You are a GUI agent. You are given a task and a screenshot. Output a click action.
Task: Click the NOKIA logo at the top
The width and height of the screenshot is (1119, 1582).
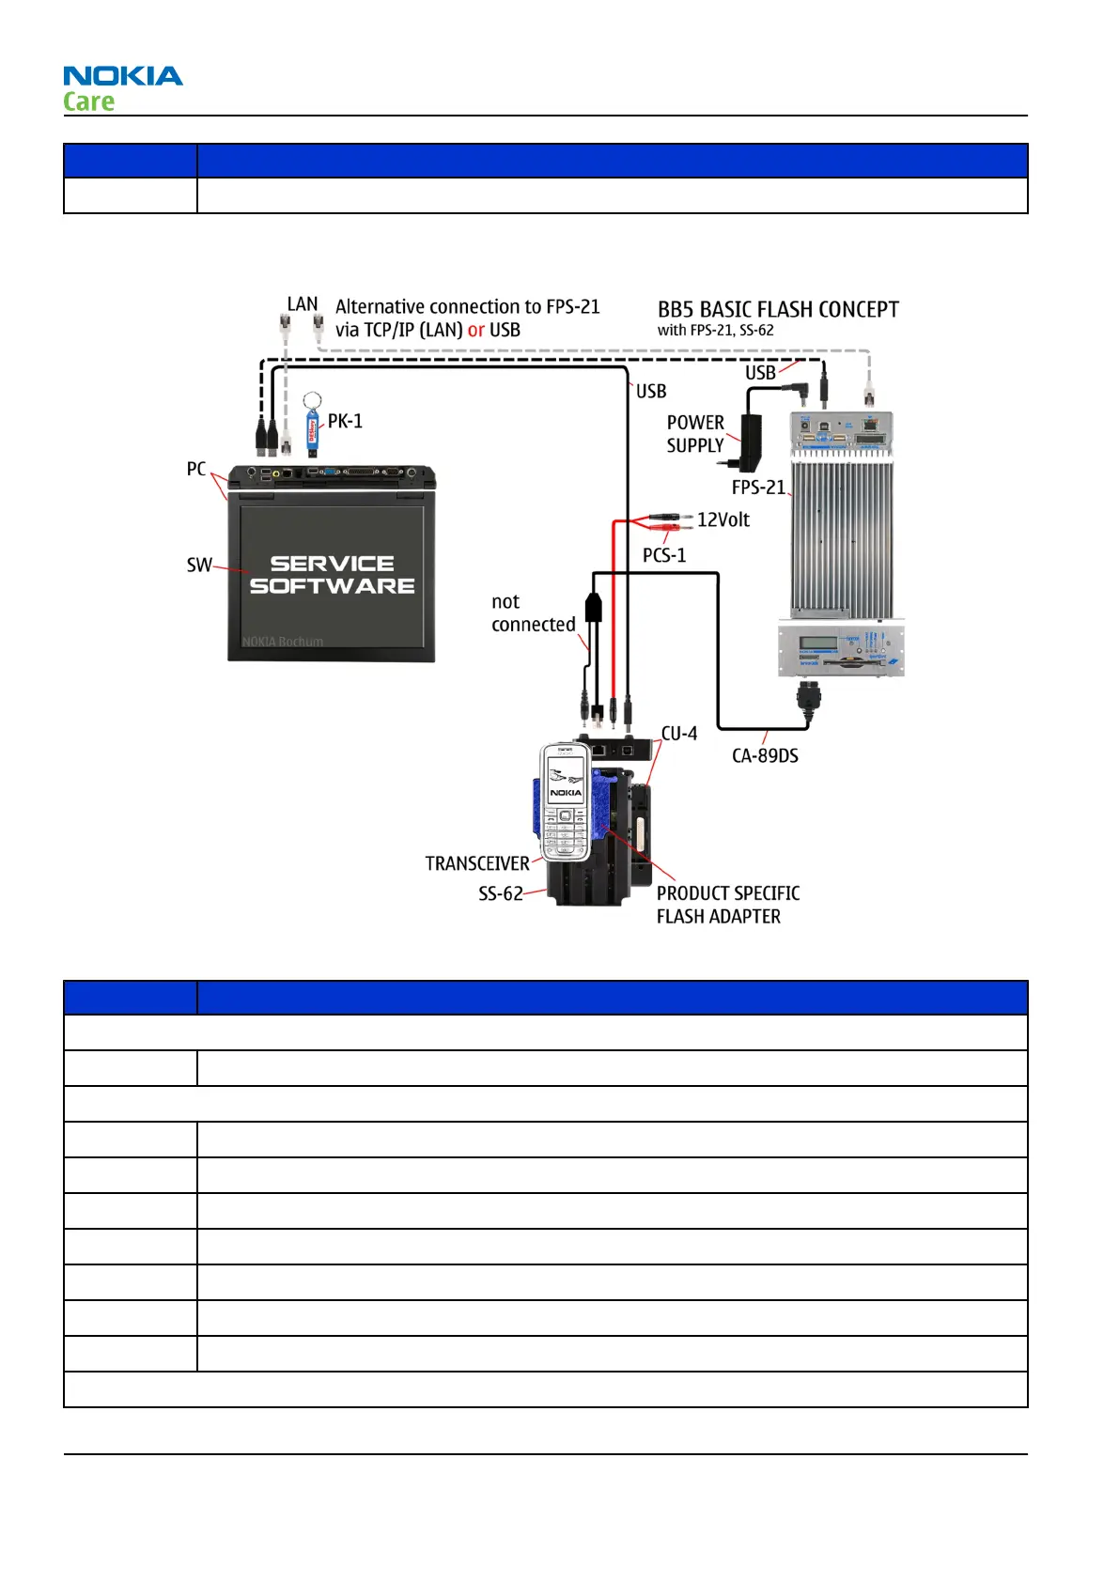[x=123, y=76]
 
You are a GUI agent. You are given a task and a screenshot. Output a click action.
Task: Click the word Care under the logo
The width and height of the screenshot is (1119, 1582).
[x=89, y=101]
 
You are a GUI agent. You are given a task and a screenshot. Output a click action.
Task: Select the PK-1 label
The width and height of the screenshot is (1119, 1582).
[x=345, y=421]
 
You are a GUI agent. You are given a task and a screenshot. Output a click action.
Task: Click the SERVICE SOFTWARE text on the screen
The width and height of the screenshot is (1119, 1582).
[x=332, y=574]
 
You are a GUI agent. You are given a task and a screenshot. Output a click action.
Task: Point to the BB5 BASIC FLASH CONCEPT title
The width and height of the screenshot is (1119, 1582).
[x=778, y=310]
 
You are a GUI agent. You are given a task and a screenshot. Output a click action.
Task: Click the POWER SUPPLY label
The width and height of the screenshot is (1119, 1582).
[x=695, y=434]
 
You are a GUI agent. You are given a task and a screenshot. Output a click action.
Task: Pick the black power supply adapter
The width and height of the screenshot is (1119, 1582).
[x=750, y=441]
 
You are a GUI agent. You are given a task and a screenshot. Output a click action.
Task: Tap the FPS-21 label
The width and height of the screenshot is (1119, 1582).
[x=758, y=487]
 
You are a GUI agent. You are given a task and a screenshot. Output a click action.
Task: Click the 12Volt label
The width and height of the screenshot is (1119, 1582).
[x=723, y=520]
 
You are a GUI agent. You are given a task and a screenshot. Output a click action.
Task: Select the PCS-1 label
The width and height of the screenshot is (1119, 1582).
[x=664, y=555]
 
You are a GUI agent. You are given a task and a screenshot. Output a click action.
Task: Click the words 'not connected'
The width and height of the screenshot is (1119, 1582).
[x=533, y=613]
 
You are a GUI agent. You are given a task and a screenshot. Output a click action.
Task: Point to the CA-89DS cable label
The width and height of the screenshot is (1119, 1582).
[x=765, y=755]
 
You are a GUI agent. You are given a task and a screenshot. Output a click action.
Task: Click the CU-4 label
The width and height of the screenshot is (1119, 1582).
[x=679, y=734]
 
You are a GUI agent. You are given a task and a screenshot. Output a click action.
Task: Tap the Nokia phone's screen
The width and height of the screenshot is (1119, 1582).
[x=565, y=780]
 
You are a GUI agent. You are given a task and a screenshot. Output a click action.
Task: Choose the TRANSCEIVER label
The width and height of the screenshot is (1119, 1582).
[x=477, y=863]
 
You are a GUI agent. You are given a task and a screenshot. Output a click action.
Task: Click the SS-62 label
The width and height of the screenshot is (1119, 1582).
[x=501, y=893]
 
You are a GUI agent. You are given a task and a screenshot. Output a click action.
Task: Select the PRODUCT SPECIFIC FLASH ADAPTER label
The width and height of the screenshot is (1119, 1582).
[x=727, y=905]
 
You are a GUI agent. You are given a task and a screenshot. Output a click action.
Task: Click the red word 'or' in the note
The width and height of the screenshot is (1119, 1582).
[x=476, y=330]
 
